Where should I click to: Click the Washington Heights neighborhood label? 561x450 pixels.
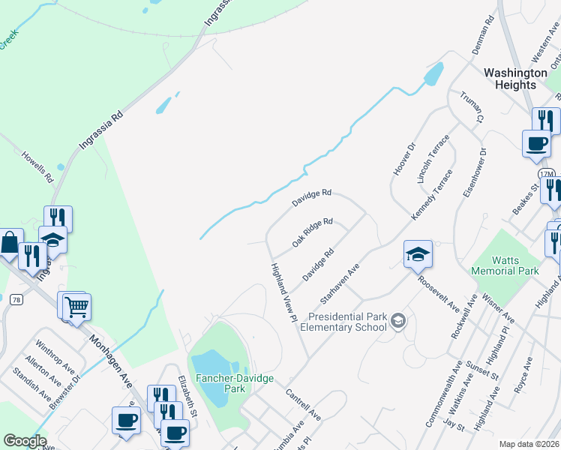tap(515, 79)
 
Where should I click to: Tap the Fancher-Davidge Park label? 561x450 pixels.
tap(219, 384)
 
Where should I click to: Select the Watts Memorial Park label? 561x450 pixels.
tap(505, 264)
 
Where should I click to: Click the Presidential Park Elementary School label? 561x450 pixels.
tap(344, 322)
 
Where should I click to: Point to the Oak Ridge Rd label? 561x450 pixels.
tap(312, 232)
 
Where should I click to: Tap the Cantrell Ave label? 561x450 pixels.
tap(303, 403)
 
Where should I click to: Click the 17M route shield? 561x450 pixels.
tap(547, 175)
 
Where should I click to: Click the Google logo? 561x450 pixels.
tap(25, 441)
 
